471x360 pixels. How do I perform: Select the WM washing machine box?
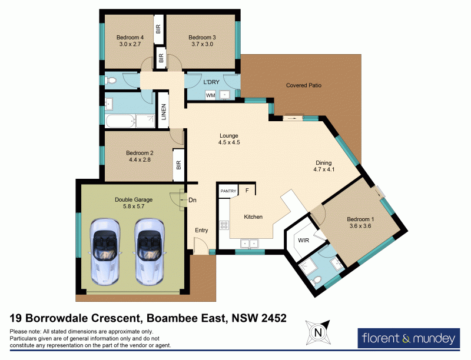click(210, 95)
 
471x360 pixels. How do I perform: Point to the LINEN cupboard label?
click(164, 113)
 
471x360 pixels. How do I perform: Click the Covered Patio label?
click(303, 85)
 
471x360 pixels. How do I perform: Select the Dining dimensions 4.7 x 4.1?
click(323, 171)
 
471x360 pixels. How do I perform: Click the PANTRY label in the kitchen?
click(228, 191)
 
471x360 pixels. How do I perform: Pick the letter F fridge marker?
click(247, 191)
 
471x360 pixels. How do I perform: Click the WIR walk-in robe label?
click(304, 241)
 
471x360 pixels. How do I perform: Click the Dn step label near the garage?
click(192, 201)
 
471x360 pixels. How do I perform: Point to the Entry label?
click(201, 230)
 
